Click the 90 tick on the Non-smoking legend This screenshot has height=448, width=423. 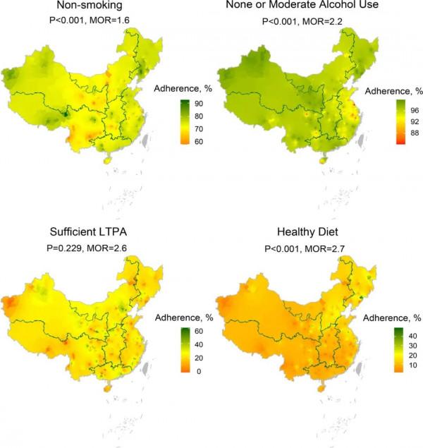(199, 104)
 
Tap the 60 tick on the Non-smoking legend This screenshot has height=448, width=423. (199, 142)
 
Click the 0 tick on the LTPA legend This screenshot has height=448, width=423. (196, 370)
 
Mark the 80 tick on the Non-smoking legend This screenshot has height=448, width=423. (199, 116)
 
